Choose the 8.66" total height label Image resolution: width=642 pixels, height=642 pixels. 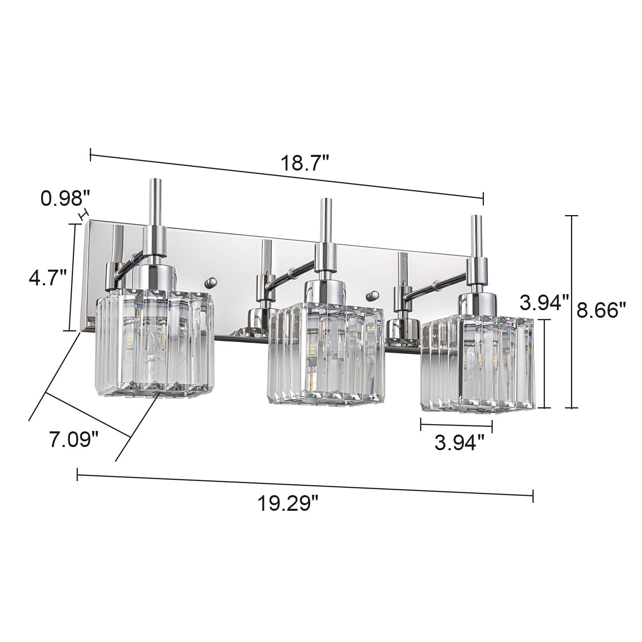pos(601,310)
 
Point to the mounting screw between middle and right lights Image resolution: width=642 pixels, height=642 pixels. pos(373,296)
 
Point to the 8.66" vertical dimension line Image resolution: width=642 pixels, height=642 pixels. pos(571,313)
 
